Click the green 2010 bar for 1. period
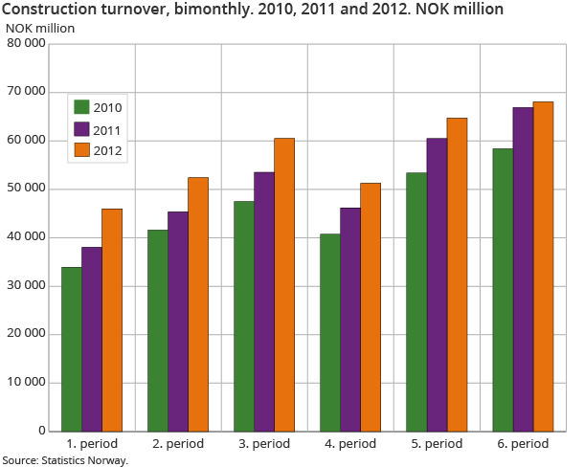(x=72, y=349)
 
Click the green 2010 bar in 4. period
(x=329, y=332)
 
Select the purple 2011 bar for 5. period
(x=436, y=284)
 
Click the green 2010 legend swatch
(x=81, y=107)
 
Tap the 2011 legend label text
(x=108, y=128)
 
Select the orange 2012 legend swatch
(x=81, y=149)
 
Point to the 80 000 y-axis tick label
(x=26, y=43)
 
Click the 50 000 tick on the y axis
(x=26, y=189)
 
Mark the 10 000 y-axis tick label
(x=26, y=383)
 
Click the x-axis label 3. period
(x=264, y=445)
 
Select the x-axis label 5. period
(x=437, y=445)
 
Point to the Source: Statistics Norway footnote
(x=65, y=460)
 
